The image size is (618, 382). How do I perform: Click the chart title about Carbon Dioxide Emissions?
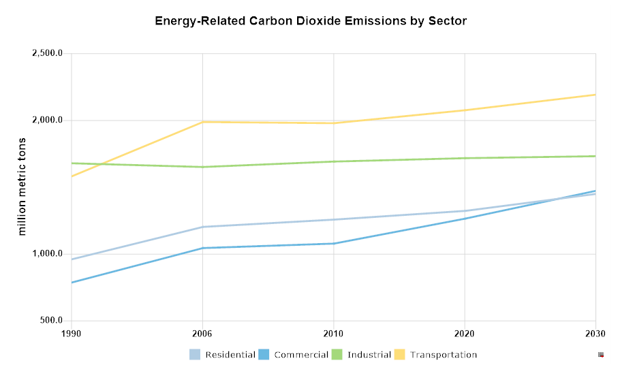311,21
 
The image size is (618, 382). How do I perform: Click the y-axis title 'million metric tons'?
22,187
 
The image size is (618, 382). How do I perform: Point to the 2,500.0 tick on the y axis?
48,54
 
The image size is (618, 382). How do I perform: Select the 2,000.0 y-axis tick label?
48,121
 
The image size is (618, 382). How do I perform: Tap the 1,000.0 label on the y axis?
48,254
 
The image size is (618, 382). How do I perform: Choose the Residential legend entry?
223,355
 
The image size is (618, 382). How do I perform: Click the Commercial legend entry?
294,355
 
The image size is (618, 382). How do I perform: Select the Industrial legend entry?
362,355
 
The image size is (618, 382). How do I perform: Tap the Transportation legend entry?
436,355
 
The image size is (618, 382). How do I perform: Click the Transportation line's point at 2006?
202,122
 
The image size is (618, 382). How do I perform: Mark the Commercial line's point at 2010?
333,243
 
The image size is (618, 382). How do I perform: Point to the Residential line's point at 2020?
465,211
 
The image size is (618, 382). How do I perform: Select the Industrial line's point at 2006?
202,167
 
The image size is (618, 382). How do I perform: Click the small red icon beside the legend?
601,355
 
